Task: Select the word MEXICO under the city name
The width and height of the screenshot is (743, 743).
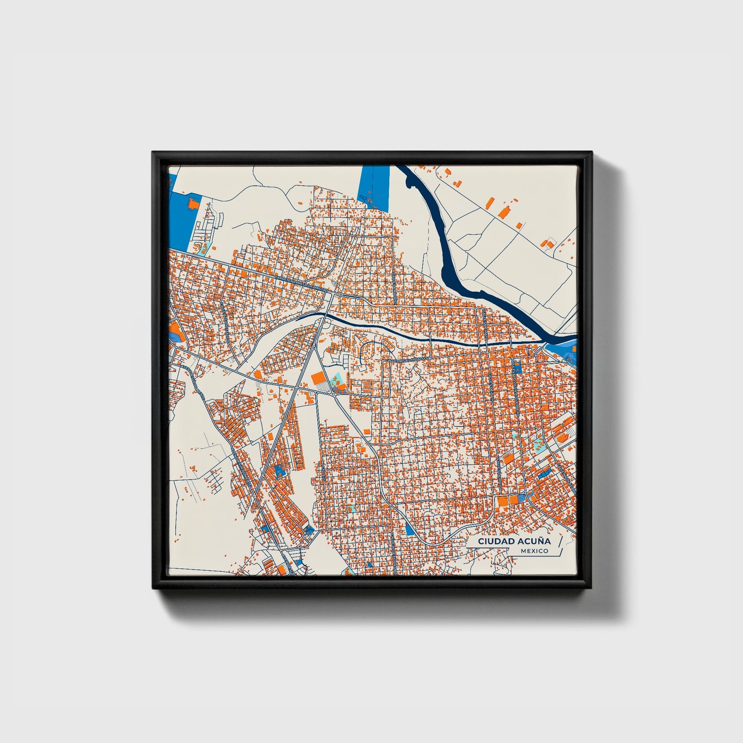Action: pyautogui.click(x=534, y=551)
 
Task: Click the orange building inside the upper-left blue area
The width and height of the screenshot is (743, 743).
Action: pyautogui.click(x=194, y=204)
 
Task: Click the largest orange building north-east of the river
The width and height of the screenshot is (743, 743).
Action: pyautogui.click(x=504, y=211)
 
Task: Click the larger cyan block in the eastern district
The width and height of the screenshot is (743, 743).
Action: pyautogui.click(x=538, y=445)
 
